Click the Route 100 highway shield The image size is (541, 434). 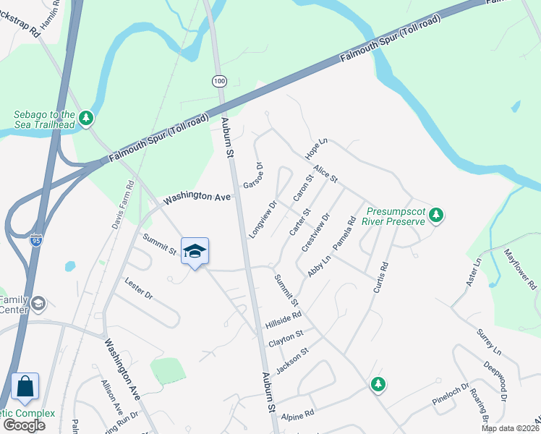218,80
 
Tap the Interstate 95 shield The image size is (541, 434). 35,240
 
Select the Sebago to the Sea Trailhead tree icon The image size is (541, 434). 87,116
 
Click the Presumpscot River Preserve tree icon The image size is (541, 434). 435,214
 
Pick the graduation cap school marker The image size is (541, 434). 195,251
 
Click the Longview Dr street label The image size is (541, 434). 263,220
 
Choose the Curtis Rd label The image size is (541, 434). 381,276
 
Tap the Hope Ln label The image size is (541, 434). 316,150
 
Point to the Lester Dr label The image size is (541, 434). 139,289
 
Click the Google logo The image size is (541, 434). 23,425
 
